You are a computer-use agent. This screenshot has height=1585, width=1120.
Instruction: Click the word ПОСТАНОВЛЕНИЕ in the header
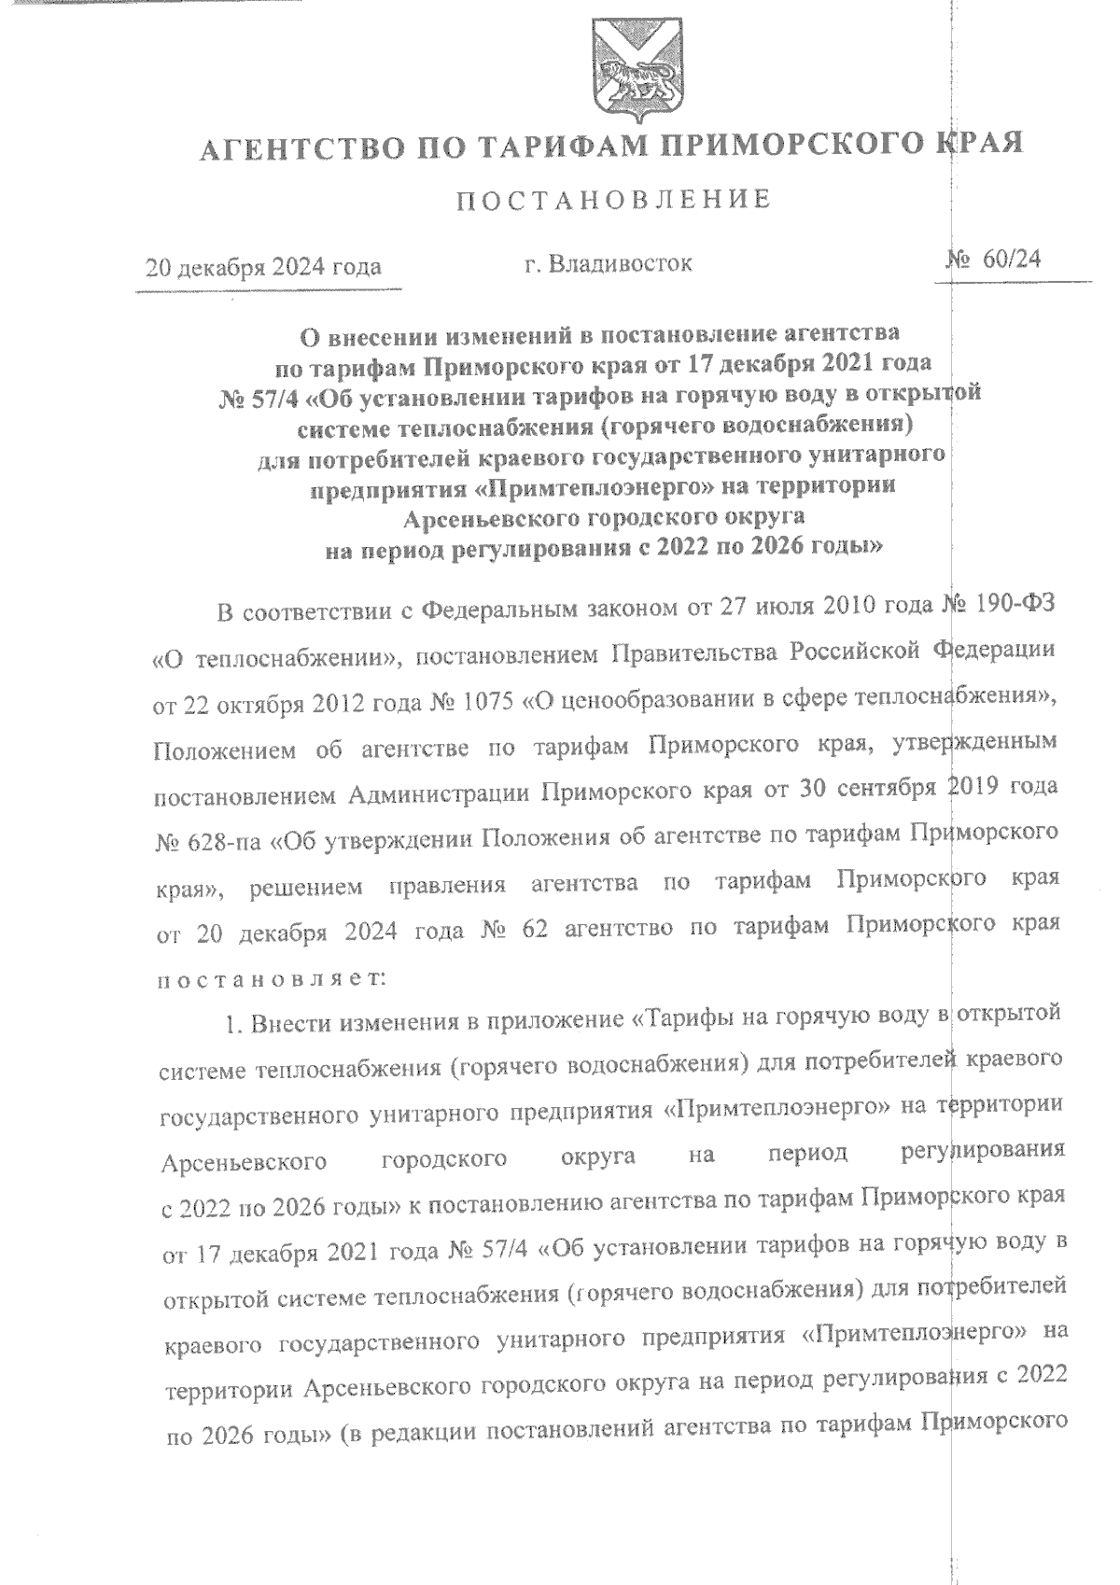[x=613, y=199]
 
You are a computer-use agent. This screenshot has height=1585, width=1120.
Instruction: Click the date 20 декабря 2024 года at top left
[x=264, y=268]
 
